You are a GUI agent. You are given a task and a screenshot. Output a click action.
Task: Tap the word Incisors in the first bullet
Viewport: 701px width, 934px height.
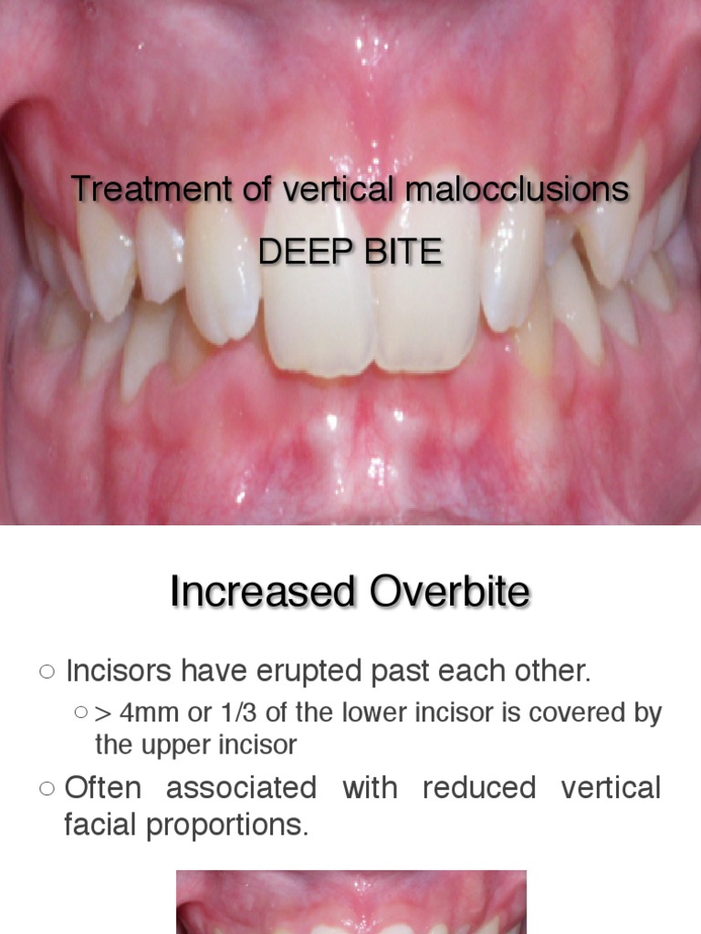pos(120,672)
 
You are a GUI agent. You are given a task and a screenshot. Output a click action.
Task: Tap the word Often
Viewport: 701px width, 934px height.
pos(103,787)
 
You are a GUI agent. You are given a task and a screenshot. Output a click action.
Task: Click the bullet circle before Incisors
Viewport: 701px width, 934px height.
pos(47,673)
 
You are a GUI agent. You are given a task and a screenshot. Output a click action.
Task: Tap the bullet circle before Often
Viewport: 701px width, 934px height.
pos(47,788)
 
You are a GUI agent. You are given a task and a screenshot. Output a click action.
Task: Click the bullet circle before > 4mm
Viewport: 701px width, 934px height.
pos(81,713)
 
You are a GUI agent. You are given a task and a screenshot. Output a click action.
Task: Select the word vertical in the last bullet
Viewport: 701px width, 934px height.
pos(611,787)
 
